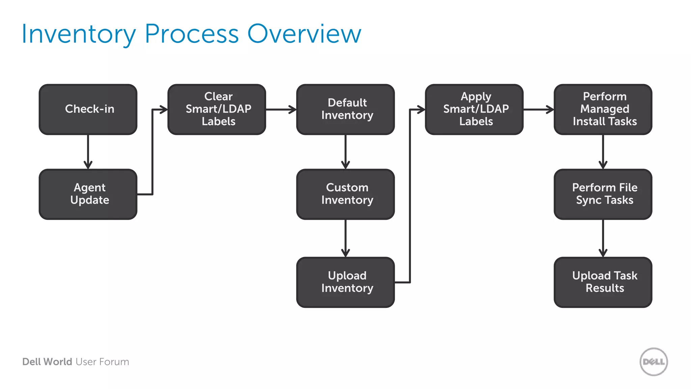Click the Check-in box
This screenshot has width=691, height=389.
pyautogui.click(x=88, y=109)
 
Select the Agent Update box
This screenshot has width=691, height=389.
pyautogui.click(x=88, y=194)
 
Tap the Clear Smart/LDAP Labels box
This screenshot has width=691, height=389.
pyautogui.click(x=217, y=109)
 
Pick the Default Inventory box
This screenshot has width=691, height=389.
pyautogui.click(x=345, y=109)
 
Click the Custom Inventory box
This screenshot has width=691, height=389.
pyautogui.click(x=345, y=194)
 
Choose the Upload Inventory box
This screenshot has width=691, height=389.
pyautogui.click(x=345, y=282)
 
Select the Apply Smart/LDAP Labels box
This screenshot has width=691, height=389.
pyautogui.click(x=474, y=109)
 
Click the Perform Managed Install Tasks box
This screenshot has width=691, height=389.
pyautogui.click(x=603, y=109)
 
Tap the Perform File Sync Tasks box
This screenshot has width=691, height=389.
pyautogui.click(x=603, y=194)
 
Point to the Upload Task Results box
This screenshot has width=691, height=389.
pyautogui.click(x=603, y=282)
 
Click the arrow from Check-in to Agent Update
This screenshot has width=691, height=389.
pyautogui.click(x=88, y=152)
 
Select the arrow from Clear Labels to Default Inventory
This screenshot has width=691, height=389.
pyautogui.click(x=281, y=109)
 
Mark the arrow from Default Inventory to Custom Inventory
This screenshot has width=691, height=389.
pyautogui.click(x=345, y=152)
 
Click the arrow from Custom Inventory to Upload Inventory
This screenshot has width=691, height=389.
pyautogui.click(x=345, y=238)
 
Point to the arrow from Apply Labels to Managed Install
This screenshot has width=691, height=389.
pyautogui.click(x=538, y=109)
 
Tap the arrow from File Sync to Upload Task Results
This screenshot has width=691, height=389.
pyautogui.click(x=603, y=238)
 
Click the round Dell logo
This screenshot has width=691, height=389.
pyautogui.click(x=654, y=362)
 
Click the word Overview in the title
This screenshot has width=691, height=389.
pyautogui.click(x=304, y=34)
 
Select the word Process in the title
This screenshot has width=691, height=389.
pyautogui.click(x=192, y=34)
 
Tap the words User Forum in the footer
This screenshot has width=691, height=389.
pyautogui.click(x=102, y=362)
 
